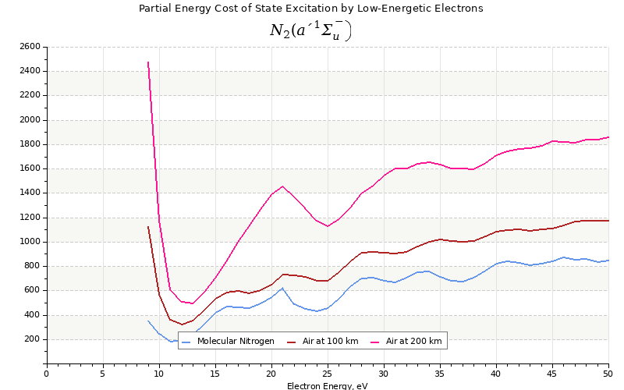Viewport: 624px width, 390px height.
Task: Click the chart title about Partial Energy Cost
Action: [310, 9]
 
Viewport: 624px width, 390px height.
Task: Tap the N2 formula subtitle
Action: [310, 30]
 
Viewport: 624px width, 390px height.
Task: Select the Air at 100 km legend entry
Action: [324, 341]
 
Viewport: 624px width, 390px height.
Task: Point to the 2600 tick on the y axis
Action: [30, 47]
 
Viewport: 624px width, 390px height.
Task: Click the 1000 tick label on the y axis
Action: [30, 242]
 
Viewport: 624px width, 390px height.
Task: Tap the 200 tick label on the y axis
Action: [32, 339]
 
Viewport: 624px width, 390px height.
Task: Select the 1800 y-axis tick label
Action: [30, 144]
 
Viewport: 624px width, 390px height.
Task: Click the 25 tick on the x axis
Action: [328, 374]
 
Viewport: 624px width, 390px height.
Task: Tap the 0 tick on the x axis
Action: [46, 374]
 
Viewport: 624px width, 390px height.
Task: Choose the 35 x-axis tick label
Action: [440, 374]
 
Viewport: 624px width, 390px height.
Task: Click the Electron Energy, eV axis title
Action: [327, 385]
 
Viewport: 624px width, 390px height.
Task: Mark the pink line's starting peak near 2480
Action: [147, 62]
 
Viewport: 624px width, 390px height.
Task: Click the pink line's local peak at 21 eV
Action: [282, 186]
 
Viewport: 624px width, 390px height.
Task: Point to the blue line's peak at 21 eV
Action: [282, 288]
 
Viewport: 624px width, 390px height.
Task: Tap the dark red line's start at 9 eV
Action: [147, 226]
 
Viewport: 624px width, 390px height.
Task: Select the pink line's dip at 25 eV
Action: [328, 226]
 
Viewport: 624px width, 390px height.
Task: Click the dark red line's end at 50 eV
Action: [608, 221]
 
